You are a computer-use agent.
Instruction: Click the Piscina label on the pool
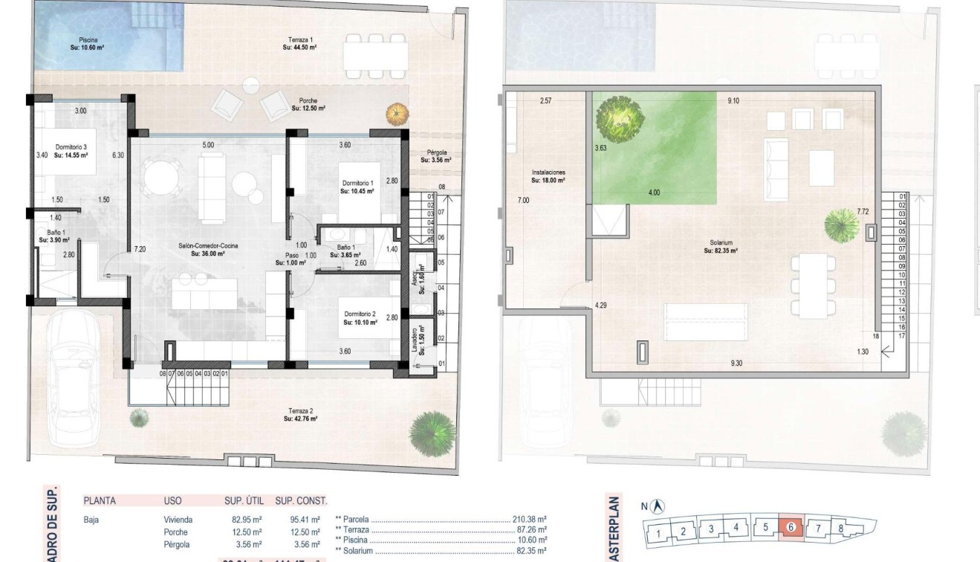point(88,43)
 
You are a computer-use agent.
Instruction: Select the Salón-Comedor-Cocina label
point(201,249)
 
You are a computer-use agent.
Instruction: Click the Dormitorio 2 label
point(360,319)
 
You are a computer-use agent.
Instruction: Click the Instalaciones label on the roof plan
point(548,175)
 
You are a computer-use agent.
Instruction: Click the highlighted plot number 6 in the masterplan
point(791,527)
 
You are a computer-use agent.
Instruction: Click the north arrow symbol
point(656,507)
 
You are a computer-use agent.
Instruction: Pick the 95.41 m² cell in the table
point(305,520)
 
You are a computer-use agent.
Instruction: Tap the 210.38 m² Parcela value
point(530,520)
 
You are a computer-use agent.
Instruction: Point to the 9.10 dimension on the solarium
point(733,100)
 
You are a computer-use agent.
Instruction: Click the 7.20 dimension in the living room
point(140,249)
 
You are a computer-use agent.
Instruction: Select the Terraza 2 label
point(300,415)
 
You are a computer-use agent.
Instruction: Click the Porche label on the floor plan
point(309,104)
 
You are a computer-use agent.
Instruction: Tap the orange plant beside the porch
point(397,114)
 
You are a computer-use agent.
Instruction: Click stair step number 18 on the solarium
point(875,337)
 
